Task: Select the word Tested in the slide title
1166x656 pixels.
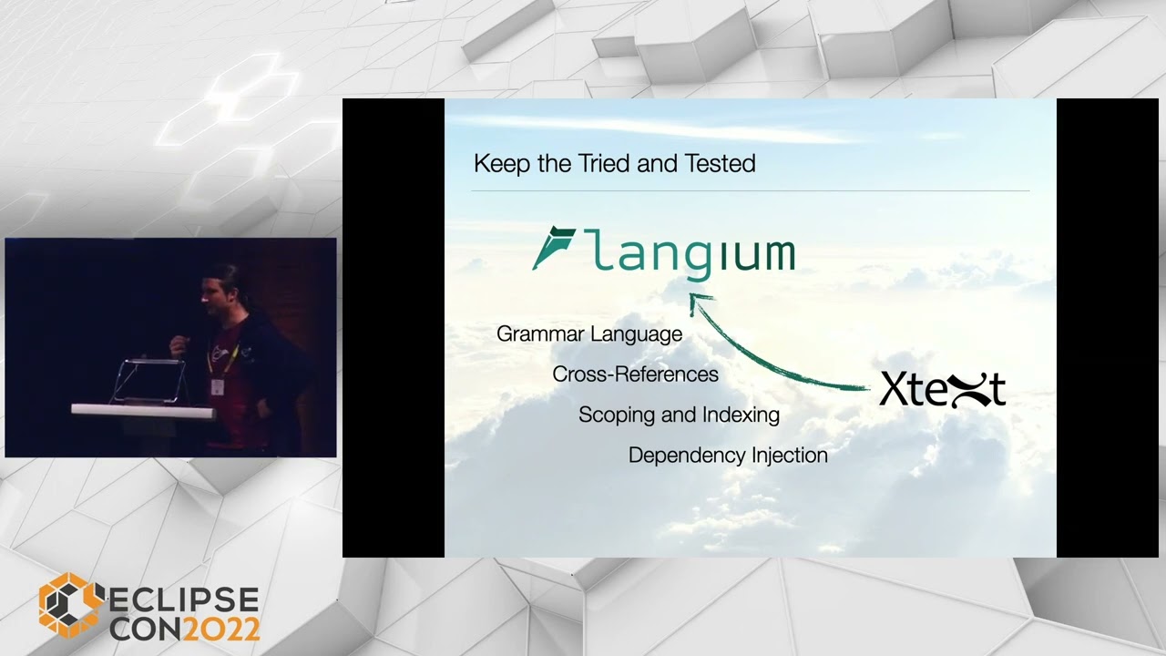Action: point(720,164)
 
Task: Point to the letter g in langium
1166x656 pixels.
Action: point(696,259)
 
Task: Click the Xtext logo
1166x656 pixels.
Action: point(942,390)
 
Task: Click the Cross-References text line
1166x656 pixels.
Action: point(635,374)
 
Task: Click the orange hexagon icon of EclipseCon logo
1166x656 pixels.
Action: point(69,605)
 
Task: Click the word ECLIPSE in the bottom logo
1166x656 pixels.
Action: point(184,601)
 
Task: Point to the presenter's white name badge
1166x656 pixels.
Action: point(218,386)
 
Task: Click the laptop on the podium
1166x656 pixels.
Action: point(149,381)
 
